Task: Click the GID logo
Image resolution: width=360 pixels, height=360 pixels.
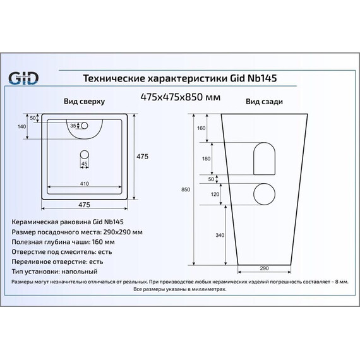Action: pyautogui.click(x=24, y=78)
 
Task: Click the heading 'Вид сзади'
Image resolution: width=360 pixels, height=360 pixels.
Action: pyautogui.click(x=263, y=101)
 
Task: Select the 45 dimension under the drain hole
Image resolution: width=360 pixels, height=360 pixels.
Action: pyautogui.click(x=84, y=164)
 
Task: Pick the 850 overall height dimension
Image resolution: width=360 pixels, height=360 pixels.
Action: pyautogui.click(x=184, y=189)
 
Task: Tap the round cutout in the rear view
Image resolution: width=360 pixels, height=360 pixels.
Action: pyautogui.click(x=263, y=195)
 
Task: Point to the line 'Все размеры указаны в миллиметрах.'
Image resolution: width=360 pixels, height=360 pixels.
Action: pyautogui.click(x=179, y=288)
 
